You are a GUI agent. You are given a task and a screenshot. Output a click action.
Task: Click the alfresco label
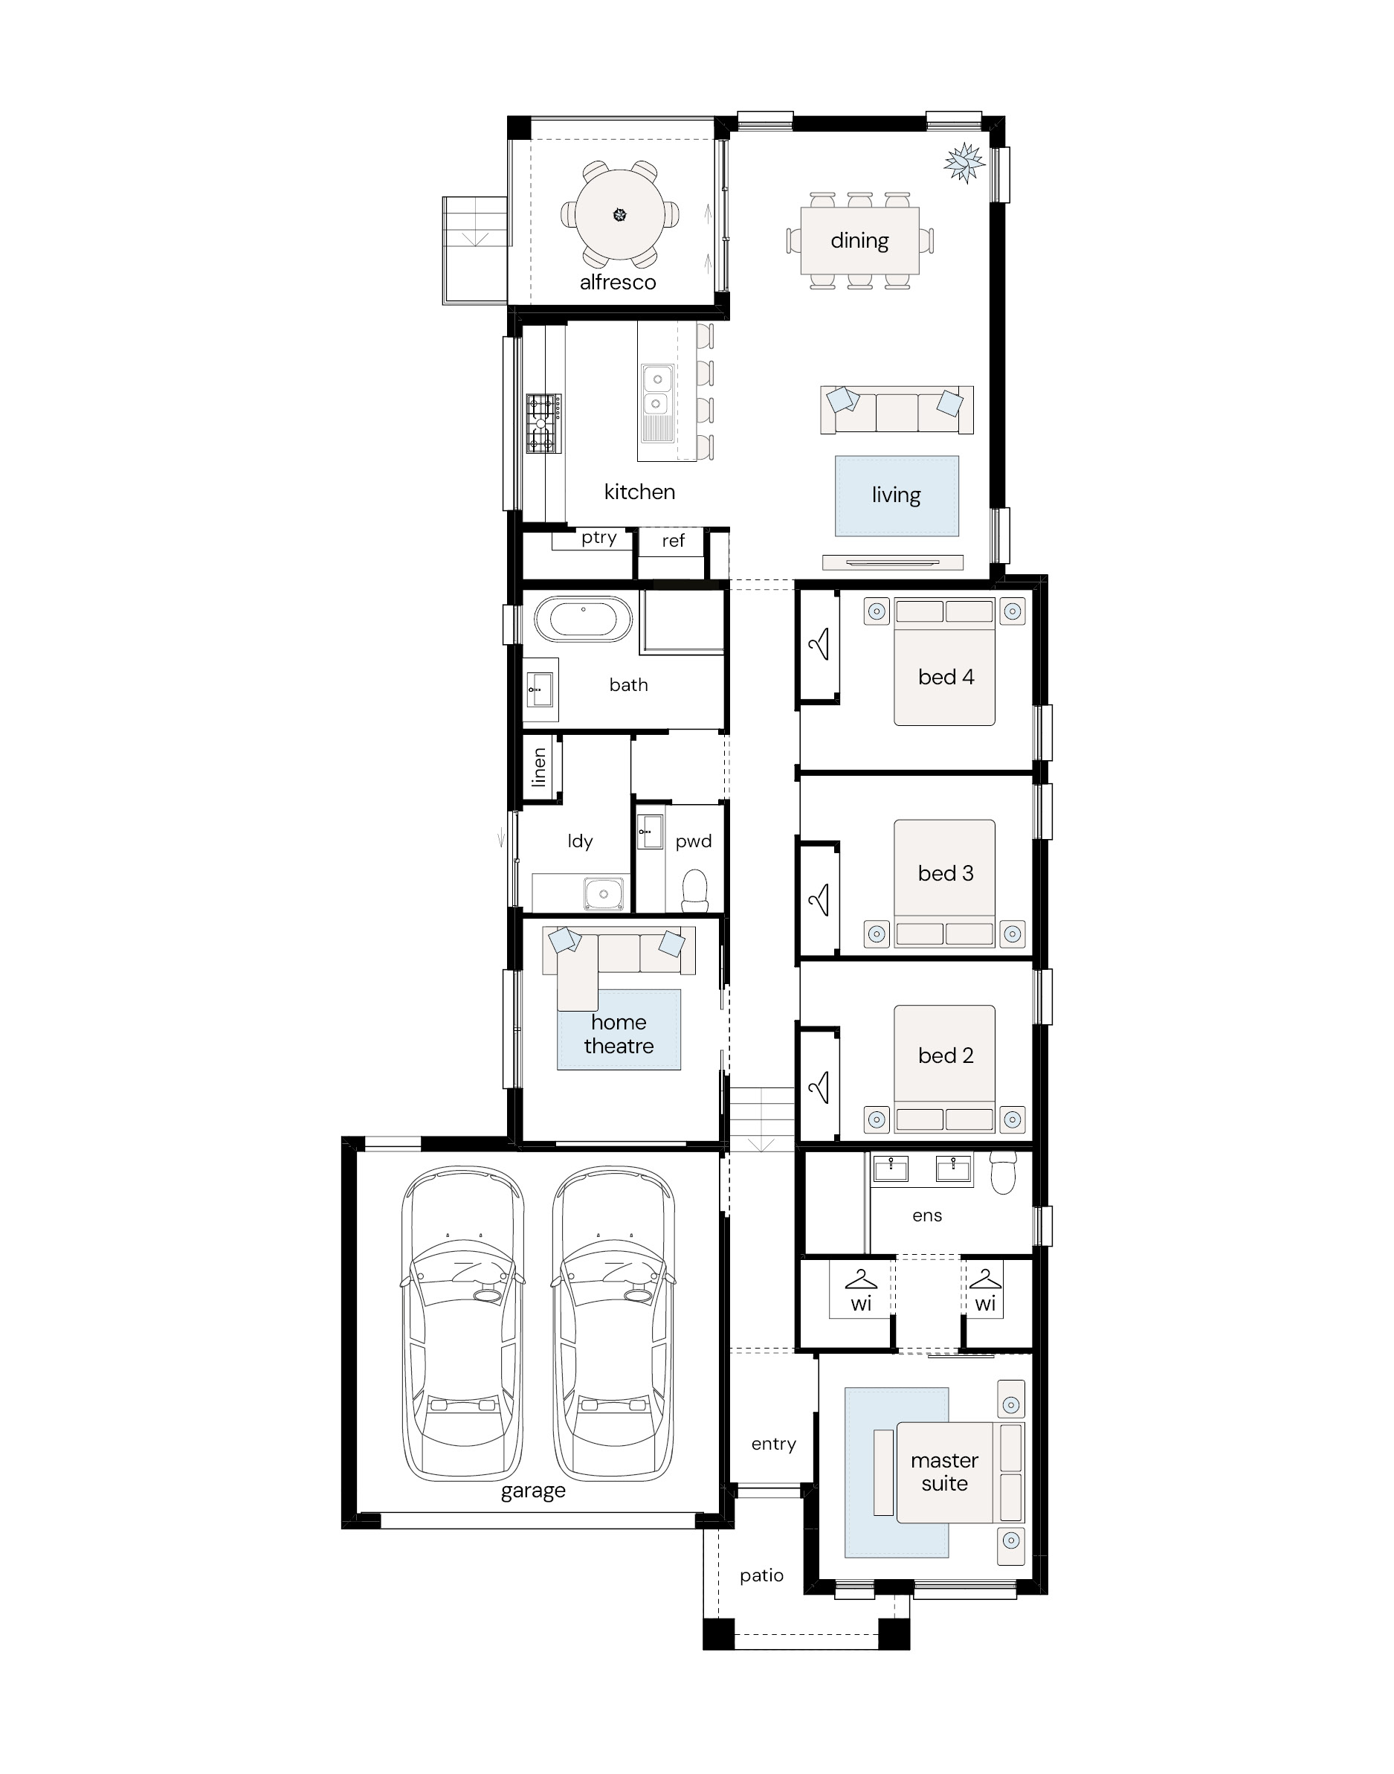coord(618,283)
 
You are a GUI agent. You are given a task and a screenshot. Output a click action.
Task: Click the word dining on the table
coord(859,241)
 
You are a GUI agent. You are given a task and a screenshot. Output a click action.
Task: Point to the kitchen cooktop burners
coord(543,424)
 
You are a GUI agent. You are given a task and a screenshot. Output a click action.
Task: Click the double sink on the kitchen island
coord(657,391)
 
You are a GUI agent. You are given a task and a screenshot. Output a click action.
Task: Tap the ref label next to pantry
coord(674,541)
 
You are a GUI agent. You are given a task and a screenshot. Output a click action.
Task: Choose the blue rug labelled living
coord(896,495)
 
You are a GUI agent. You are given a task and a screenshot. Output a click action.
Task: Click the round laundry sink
coord(604,894)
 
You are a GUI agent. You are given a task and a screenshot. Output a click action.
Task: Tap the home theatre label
coord(619,1035)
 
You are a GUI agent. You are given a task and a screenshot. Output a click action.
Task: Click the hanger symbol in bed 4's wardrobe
coord(819,644)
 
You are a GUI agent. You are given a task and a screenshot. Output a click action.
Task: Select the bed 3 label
coord(946,873)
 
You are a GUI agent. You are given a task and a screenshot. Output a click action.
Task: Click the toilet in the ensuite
coord(1003,1172)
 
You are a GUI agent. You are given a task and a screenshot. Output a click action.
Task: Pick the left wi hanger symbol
coord(861,1279)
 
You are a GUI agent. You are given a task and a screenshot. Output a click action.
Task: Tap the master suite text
coord(944,1472)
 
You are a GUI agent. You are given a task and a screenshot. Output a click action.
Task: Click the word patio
coord(761,1576)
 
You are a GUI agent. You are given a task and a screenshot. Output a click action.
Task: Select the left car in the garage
coord(462,1323)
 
